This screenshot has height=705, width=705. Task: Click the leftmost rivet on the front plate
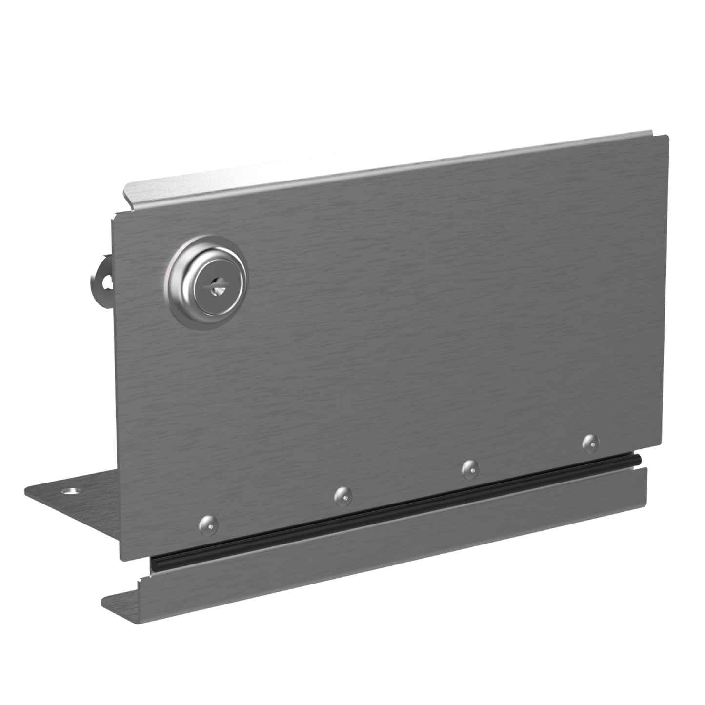pyautogui.click(x=209, y=524)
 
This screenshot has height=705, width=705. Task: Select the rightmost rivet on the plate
pyautogui.click(x=591, y=442)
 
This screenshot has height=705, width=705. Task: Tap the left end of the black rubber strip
pyautogui.click(x=153, y=564)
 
